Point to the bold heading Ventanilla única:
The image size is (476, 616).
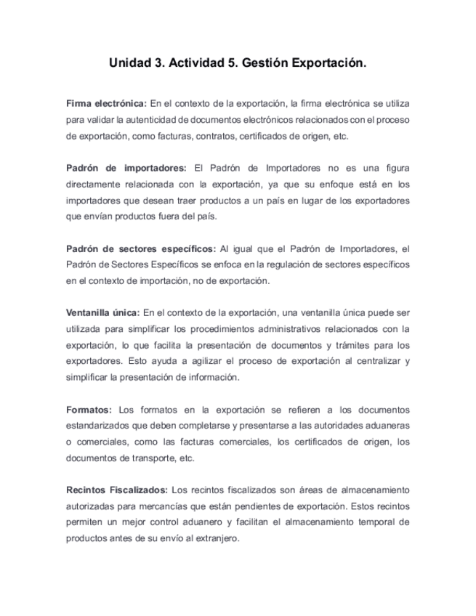pyautogui.click(x=102, y=313)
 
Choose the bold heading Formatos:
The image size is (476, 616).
pyautogui.click(x=89, y=409)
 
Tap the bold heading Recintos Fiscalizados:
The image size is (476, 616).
pyautogui.click(x=117, y=489)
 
